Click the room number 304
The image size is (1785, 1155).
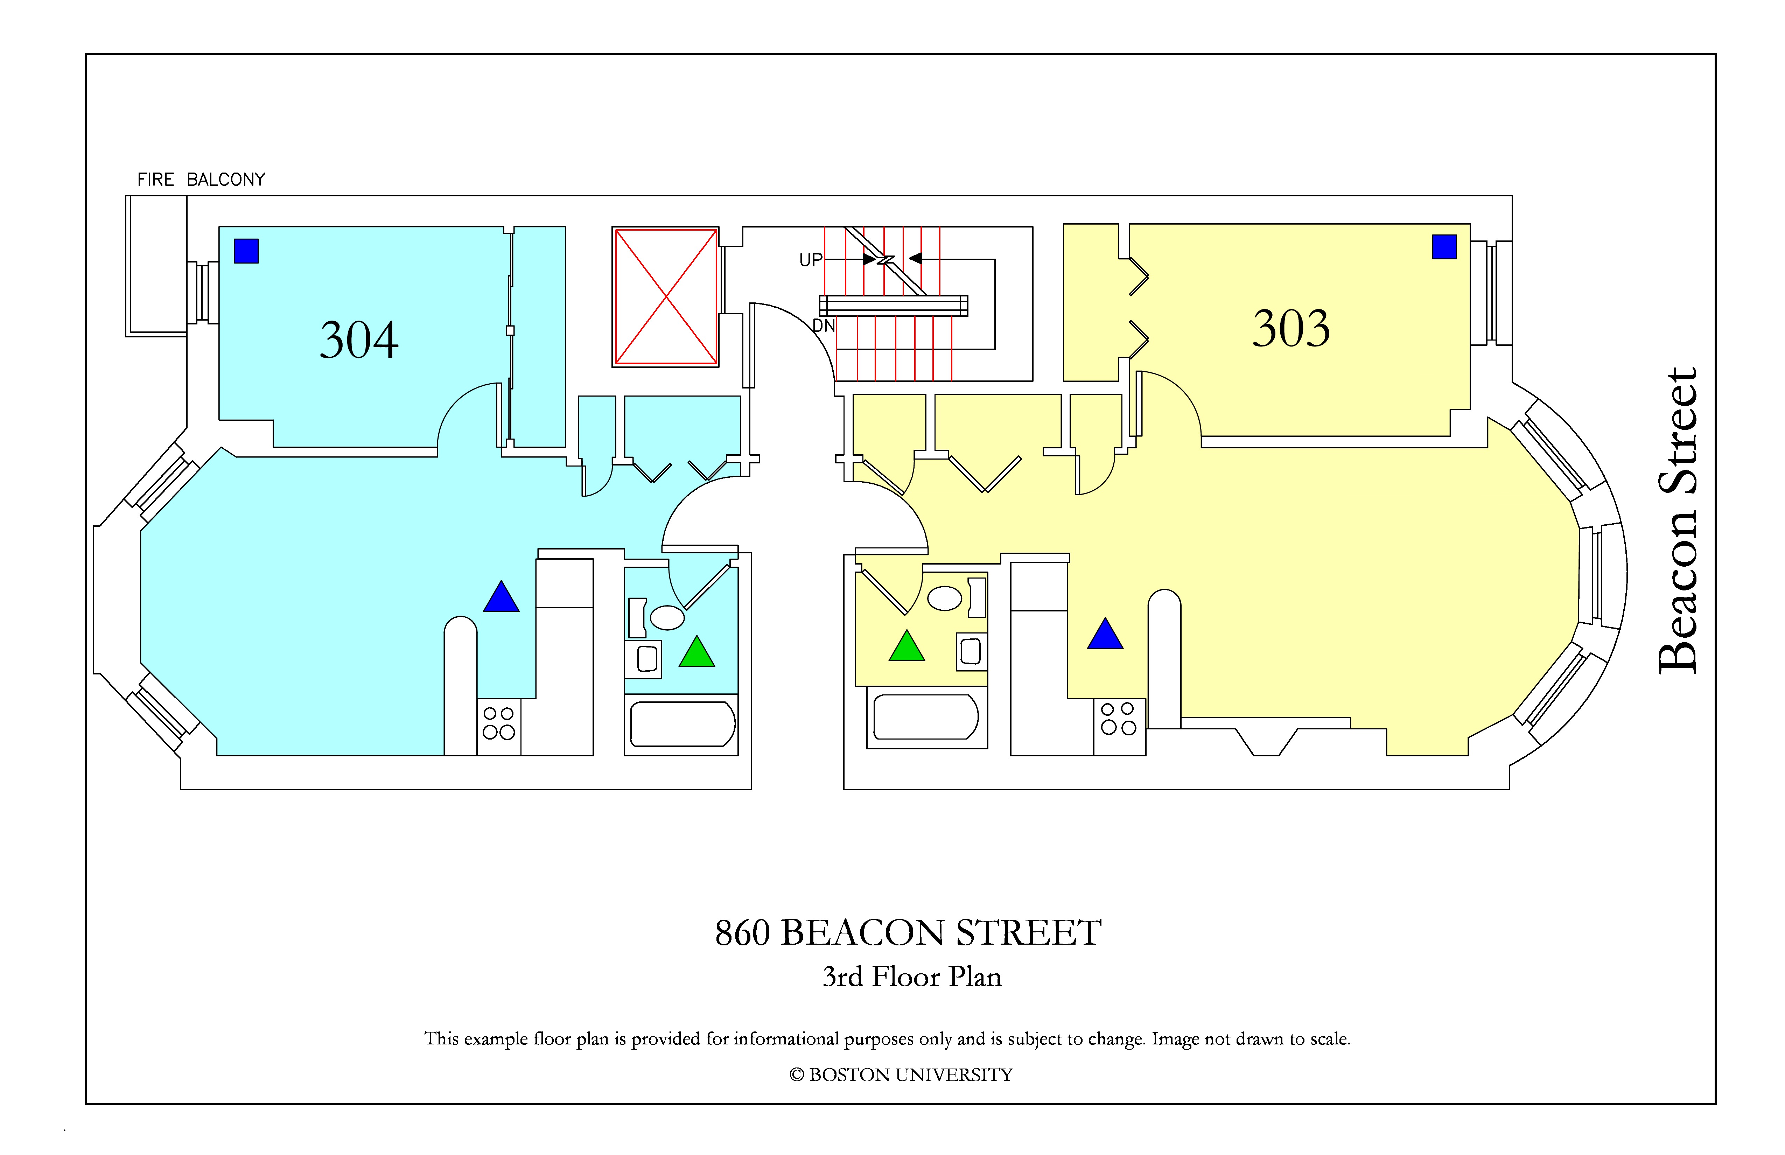359,340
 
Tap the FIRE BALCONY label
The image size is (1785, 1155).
201,179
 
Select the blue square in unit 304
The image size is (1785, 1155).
246,251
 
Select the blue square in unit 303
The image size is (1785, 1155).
1444,247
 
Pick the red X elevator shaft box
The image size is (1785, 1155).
666,297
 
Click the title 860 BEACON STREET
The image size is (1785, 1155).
908,933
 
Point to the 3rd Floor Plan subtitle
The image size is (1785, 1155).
912,976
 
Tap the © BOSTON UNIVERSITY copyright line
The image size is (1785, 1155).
901,1075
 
